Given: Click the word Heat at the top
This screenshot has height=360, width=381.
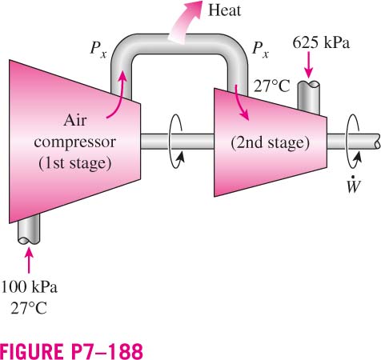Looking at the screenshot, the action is tap(224, 10).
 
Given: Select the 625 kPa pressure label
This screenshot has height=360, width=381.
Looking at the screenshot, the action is tap(321, 42).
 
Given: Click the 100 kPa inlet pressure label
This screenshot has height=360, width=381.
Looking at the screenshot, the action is tap(29, 287).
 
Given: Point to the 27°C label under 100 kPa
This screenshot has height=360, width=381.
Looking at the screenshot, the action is tap(29, 308).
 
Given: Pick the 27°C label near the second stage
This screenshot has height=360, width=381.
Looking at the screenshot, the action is tap(271, 86).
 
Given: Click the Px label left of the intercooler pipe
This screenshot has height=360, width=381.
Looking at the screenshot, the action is tap(98, 49).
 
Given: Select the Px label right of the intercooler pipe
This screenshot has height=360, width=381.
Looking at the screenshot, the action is tap(261, 49).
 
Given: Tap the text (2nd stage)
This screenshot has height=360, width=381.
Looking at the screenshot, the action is tap(271, 142).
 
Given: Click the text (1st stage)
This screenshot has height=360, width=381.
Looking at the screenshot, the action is tap(75, 163).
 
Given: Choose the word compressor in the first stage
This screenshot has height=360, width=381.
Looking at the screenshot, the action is tap(75, 142).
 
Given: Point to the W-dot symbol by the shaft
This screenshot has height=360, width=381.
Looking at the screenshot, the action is tap(354, 185).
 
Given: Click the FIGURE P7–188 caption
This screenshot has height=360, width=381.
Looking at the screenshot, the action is tap(71, 351).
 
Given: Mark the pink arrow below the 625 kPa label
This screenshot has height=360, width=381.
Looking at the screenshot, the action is tap(309, 65).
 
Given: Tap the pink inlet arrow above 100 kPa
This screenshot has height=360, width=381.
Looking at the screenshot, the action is tap(29, 260).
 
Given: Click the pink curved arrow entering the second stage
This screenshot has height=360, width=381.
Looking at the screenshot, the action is tap(240, 102).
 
